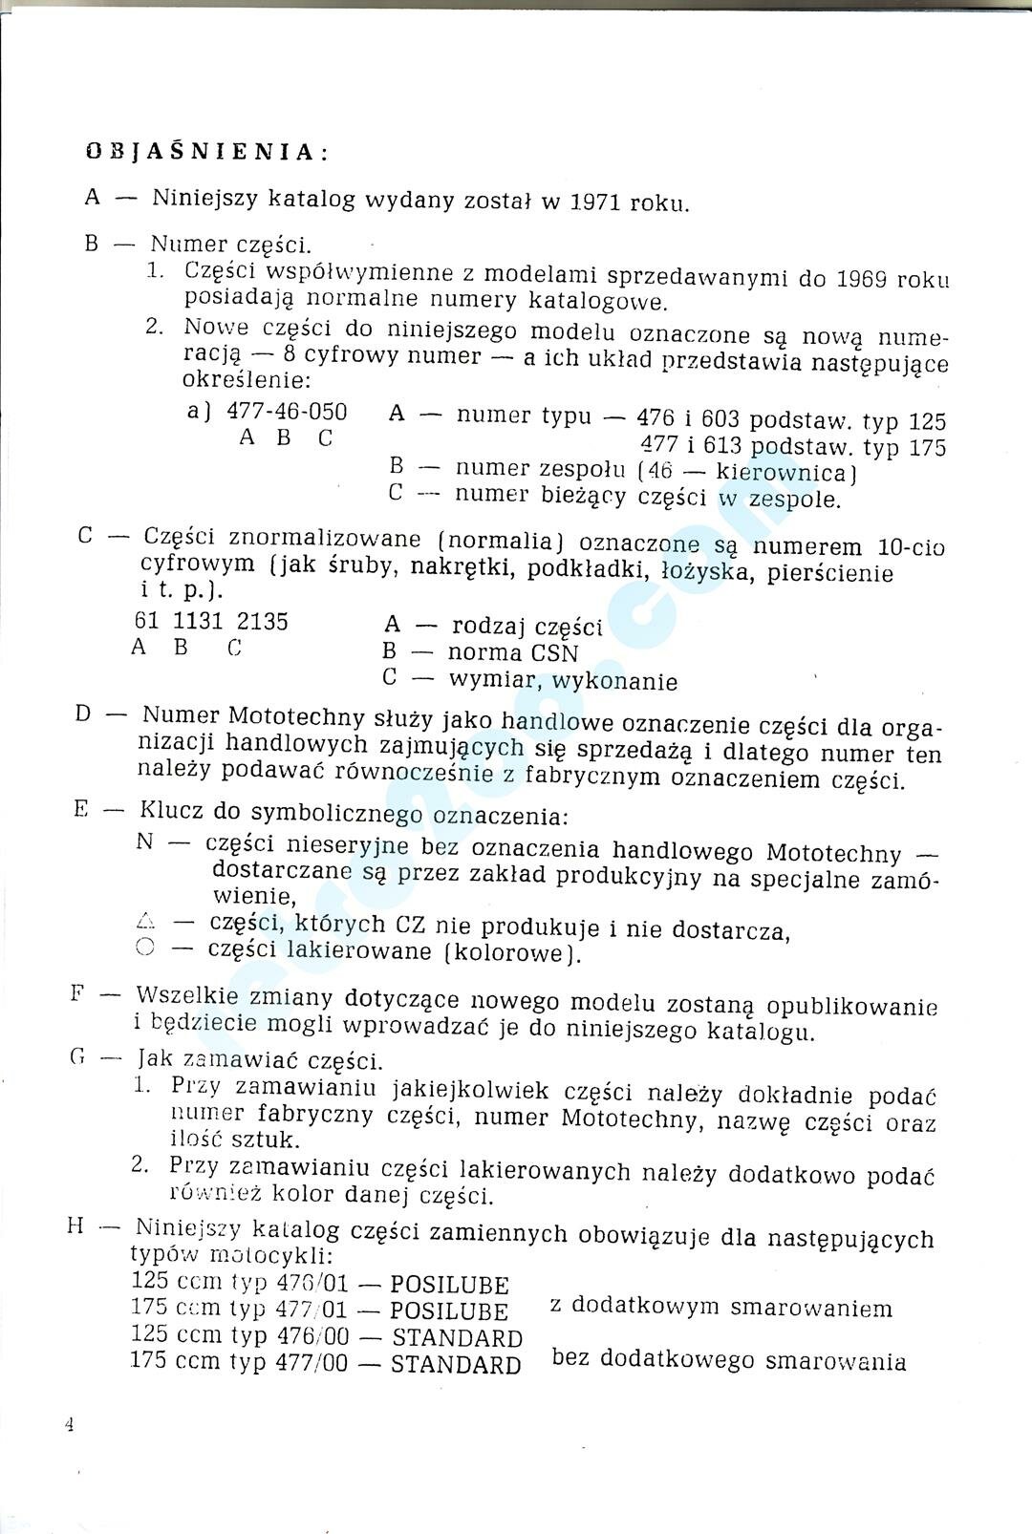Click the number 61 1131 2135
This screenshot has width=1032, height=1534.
coord(211,622)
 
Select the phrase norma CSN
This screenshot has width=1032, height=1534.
coord(512,653)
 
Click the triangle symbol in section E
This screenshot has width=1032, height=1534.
coord(145,923)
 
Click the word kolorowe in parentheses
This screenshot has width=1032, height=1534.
coord(509,953)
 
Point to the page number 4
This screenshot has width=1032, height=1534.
coord(69,1425)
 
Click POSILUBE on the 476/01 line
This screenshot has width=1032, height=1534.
coord(449,1285)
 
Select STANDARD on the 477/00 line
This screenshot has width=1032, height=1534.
coord(456,1365)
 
